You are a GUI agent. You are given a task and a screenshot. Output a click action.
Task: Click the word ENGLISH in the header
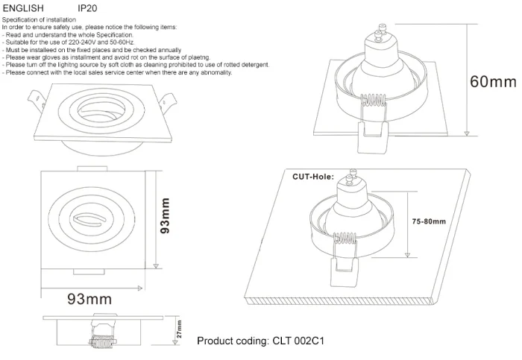22,9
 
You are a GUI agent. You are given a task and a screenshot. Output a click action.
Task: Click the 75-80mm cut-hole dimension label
429,221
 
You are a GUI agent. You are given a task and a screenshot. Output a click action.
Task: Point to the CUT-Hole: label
312,177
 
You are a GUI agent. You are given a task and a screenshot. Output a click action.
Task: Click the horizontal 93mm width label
89,299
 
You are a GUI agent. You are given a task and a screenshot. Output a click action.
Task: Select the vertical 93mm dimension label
166,216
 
